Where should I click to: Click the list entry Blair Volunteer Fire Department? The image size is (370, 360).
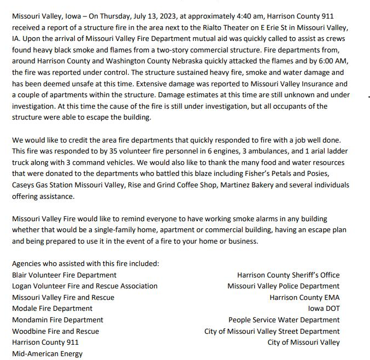pos(64,275)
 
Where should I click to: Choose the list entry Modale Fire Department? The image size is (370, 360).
pos(52,309)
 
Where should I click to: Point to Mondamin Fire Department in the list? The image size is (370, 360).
pos(57,320)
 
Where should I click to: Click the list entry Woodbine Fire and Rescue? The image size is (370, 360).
pos(55,331)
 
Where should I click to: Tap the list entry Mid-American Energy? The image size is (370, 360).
pos(47,353)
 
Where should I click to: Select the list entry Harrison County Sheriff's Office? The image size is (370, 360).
pos(288,275)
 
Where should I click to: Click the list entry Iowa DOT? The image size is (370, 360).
pos(324,309)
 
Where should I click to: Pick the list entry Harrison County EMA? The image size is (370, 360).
pos(304,297)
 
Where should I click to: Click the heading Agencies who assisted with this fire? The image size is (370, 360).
pos(85,263)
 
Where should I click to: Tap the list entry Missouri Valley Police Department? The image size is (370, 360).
pos(283,286)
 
